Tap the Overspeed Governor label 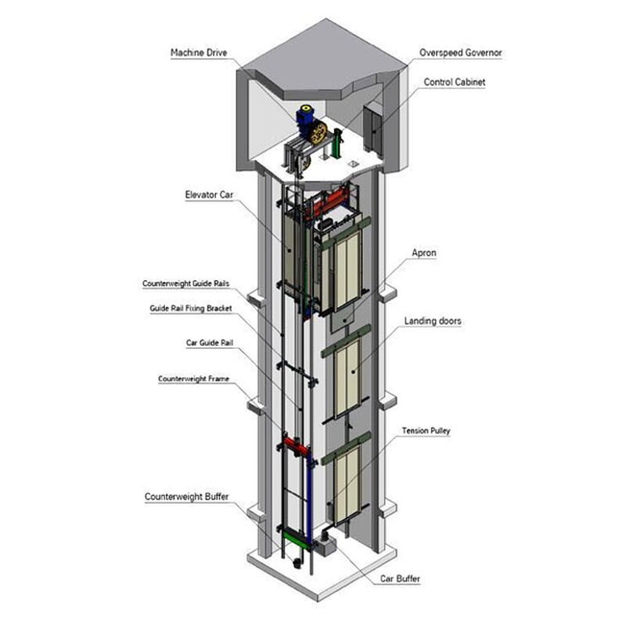point(461,52)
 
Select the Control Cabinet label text point(455,81)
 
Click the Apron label point(424,253)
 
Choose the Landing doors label point(433,321)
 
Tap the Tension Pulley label point(426,430)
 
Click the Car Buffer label point(401,579)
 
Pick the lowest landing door point(348,480)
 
